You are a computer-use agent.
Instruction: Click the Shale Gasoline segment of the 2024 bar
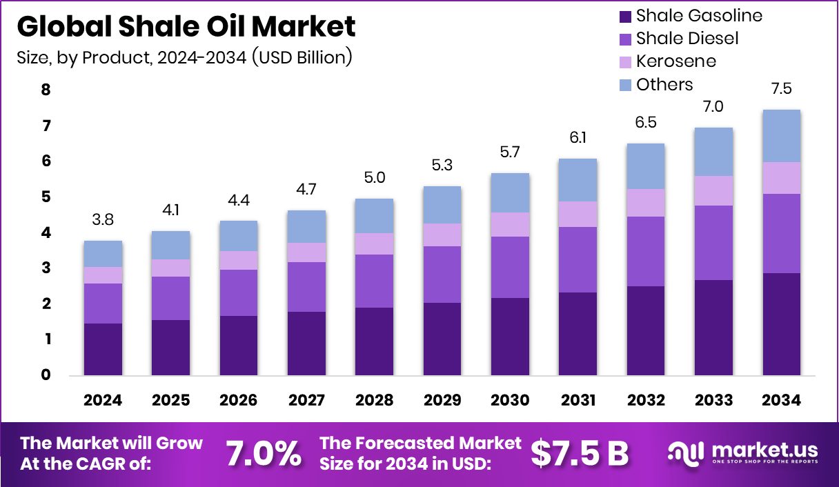point(103,349)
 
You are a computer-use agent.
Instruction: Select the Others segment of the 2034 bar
point(781,136)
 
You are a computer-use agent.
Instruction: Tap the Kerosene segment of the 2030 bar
point(510,224)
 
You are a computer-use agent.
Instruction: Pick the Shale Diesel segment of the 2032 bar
point(646,251)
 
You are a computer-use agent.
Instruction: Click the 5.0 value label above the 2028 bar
point(375,178)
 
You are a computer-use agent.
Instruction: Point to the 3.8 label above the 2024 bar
point(103,220)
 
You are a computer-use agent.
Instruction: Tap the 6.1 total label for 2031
point(578,138)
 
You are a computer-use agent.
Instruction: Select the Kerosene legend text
point(675,61)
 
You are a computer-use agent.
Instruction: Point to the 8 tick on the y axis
point(46,90)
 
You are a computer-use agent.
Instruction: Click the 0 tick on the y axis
point(46,375)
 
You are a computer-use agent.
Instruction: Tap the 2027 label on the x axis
point(306,400)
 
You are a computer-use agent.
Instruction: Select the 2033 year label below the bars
point(713,400)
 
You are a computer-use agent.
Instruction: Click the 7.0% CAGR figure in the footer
point(264,453)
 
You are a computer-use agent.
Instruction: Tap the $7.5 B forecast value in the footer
point(580,453)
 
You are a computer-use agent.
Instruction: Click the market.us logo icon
point(685,453)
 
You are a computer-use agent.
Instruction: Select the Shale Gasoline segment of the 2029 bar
point(442,339)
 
